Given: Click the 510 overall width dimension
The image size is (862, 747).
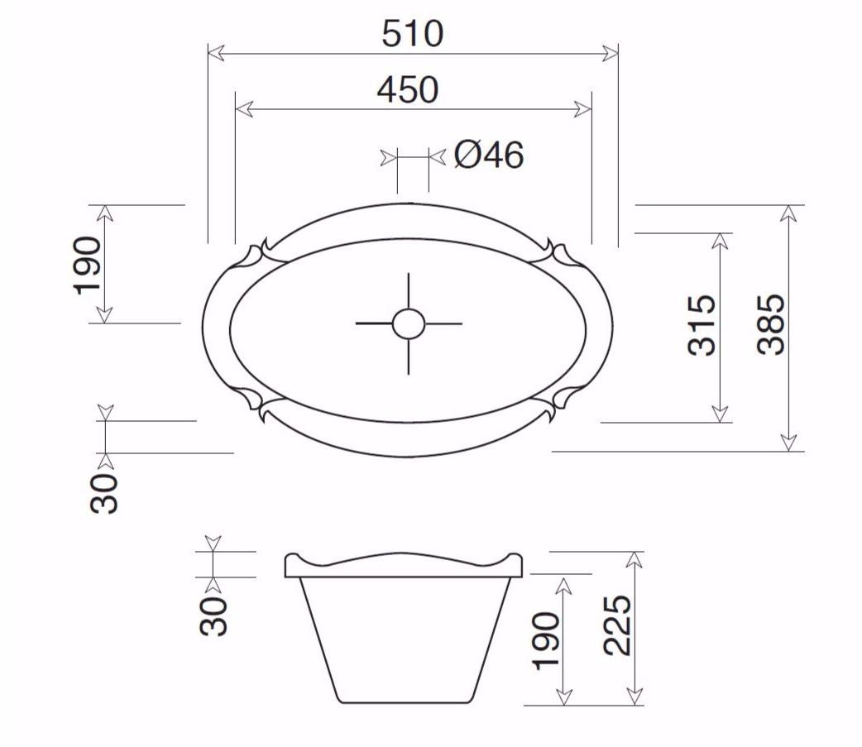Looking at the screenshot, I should click(x=412, y=34).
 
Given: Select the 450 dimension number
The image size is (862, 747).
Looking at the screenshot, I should click(x=407, y=90).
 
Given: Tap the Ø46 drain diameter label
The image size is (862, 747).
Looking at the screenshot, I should click(x=489, y=155).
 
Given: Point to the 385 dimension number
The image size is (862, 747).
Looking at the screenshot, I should click(x=771, y=323).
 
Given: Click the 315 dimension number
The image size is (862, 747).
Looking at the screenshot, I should click(x=702, y=325).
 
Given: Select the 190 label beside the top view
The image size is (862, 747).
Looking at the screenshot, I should click(x=88, y=265).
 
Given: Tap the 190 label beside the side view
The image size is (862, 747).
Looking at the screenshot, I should click(x=547, y=640).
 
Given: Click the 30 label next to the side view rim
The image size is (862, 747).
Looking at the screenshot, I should click(x=213, y=615).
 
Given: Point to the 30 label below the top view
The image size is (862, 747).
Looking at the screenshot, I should click(x=105, y=493).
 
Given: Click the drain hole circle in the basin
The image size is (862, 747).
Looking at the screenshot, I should click(x=409, y=323).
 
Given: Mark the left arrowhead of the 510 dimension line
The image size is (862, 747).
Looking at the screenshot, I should click(x=215, y=54).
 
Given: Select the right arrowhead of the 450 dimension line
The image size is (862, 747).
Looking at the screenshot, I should click(x=584, y=109).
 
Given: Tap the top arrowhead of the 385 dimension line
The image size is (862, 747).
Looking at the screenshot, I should click(x=788, y=213).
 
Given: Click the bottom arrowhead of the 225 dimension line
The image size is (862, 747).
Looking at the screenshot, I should click(x=635, y=697).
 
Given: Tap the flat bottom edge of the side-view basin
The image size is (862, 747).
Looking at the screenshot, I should click(x=409, y=703).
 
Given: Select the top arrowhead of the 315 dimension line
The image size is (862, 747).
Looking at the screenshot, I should click(x=720, y=241).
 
